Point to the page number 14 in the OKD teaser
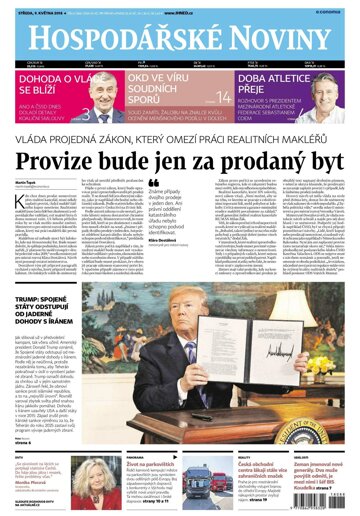[223, 97]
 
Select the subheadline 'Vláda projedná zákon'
[180, 139]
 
